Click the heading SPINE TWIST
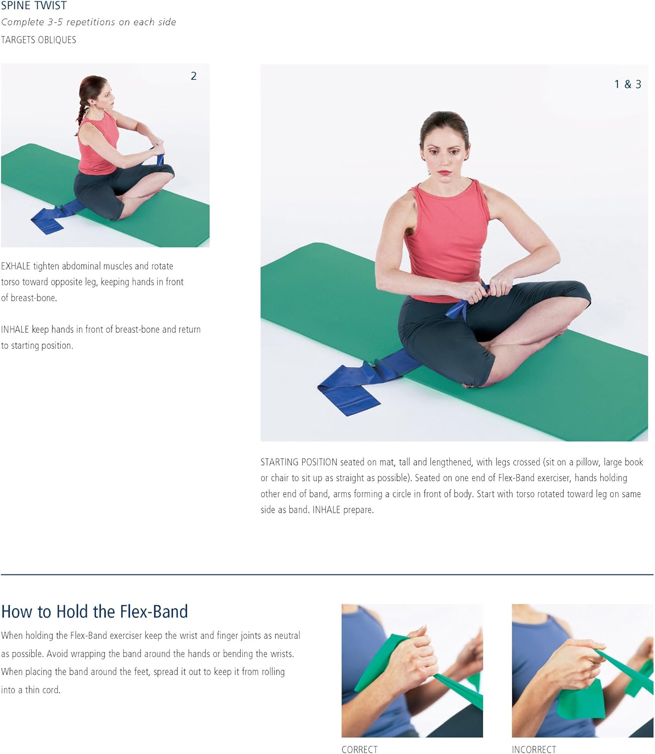(34, 6)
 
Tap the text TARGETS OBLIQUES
(39, 40)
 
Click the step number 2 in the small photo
(194, 76)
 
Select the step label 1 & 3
(627, 84)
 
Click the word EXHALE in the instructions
(16, 266)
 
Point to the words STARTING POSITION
(299, 462)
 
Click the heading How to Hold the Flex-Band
(95, 611)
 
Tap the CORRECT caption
(359, 749)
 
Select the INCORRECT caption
(534, 749)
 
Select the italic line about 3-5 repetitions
(88, 22)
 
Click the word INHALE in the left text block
(15, 329)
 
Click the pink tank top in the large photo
(447, 236)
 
